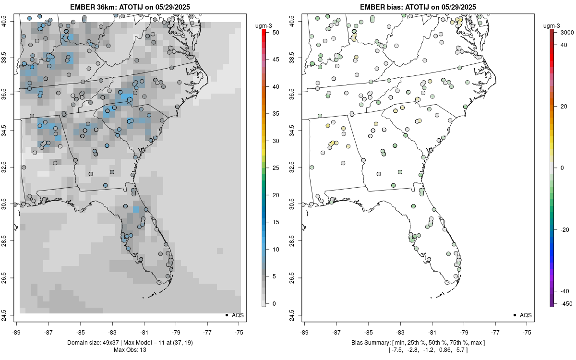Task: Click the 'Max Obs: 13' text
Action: (x=130, y=349)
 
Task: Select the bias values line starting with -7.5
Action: (x=418, y=349)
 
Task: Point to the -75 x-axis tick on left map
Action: (x=240, y=332)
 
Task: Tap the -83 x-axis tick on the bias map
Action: (x=400, y=332)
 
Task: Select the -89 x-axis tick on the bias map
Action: (x=305, y=332)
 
